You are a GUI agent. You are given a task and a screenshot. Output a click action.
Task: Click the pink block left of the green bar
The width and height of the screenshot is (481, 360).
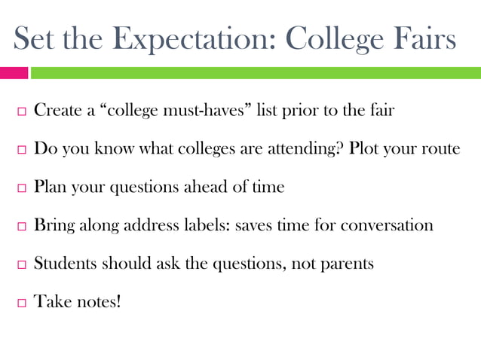pyautogui.click(x=14, y=73)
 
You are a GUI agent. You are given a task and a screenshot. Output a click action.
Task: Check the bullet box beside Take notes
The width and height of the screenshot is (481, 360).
pyautogui.click(x=20, y=303)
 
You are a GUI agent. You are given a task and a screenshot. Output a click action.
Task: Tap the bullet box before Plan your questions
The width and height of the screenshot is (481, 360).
pyautogui.click(x=20, y=188)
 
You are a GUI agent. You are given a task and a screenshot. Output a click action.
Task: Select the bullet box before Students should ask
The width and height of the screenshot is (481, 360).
pyautogui.click(x=20, y=264)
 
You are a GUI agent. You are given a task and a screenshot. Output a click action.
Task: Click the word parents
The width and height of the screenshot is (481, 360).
pyautogui.click(x=346, y=264)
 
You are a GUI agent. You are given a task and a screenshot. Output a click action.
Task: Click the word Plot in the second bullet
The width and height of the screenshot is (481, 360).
pyautogui.click(x=364, y=148)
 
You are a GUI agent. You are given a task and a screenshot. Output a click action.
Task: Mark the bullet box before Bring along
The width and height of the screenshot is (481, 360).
pyautogui.click(x=20, y=226)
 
